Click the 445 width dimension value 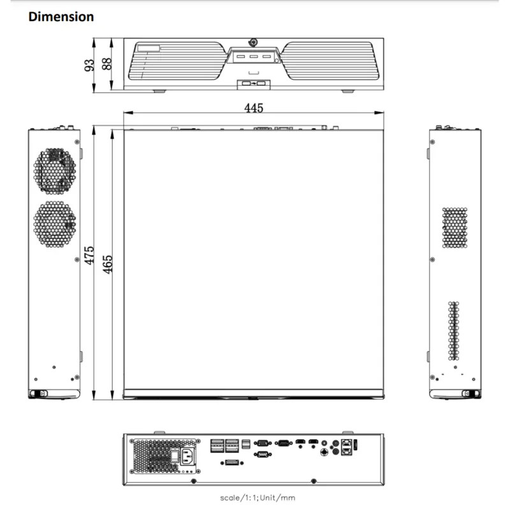254,108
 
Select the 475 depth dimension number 90,255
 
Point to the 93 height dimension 89,64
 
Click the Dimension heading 61,17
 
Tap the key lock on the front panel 254,43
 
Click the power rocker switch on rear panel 173,456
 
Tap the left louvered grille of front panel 175,65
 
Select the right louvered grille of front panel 331,65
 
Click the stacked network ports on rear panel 346,446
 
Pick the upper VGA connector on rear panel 261,442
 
